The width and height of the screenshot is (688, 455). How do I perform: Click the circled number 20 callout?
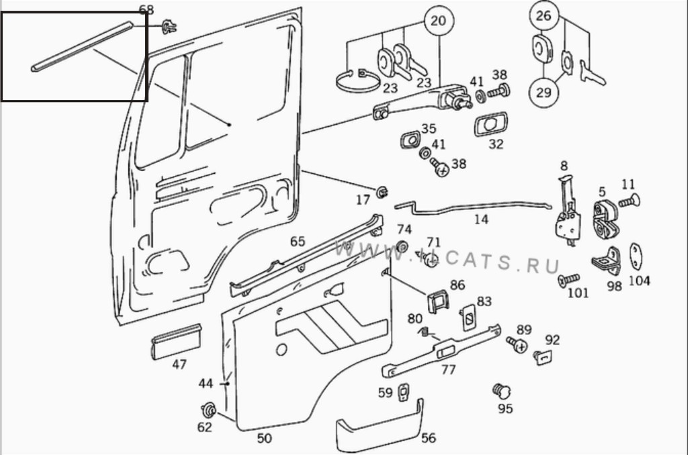point(438,21)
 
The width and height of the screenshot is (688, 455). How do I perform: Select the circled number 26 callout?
point(543,16)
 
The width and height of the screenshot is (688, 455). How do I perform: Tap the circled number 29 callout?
point(543,93)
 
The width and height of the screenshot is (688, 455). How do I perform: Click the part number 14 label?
point(481,219)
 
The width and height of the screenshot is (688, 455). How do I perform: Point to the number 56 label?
point(428,438)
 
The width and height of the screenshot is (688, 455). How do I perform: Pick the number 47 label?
point(179,364)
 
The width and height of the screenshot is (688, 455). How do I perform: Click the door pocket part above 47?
point(176,342)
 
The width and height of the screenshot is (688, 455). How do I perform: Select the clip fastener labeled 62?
point(208,410)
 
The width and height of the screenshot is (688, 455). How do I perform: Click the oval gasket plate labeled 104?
point(636,256)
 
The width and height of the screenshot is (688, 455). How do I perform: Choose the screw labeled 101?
point(568,280)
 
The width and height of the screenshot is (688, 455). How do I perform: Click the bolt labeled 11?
point(630,201)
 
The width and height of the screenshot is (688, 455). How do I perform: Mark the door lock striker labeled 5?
point(605,218)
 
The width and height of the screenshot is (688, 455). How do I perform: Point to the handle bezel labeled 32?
point(490,125)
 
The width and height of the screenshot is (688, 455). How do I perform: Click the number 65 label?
point(298,242)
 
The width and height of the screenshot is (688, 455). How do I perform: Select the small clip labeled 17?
point(382,191)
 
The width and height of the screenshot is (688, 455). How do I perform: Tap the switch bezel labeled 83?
point(469,317)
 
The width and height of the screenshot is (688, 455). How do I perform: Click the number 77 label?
point(448,370)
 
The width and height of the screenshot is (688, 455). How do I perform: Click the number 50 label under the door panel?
point(264,438)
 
